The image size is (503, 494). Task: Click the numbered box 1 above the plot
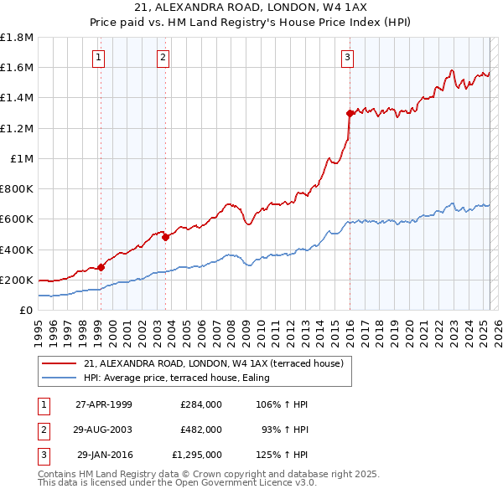pos(99,58)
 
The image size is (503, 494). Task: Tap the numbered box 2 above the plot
pos(163,58)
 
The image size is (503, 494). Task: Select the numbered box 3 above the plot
pos(346,58)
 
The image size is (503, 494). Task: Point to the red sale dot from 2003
pos(165,237)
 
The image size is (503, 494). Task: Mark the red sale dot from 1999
pos(101,267)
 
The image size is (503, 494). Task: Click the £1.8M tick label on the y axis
pos(17,38)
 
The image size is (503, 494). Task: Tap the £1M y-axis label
pos(22,158)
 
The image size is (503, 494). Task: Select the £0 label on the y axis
pos(27,310)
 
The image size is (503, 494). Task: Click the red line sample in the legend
pos(60,363)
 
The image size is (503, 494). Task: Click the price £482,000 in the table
pos(201,429)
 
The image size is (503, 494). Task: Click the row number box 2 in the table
pos(42,429)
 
